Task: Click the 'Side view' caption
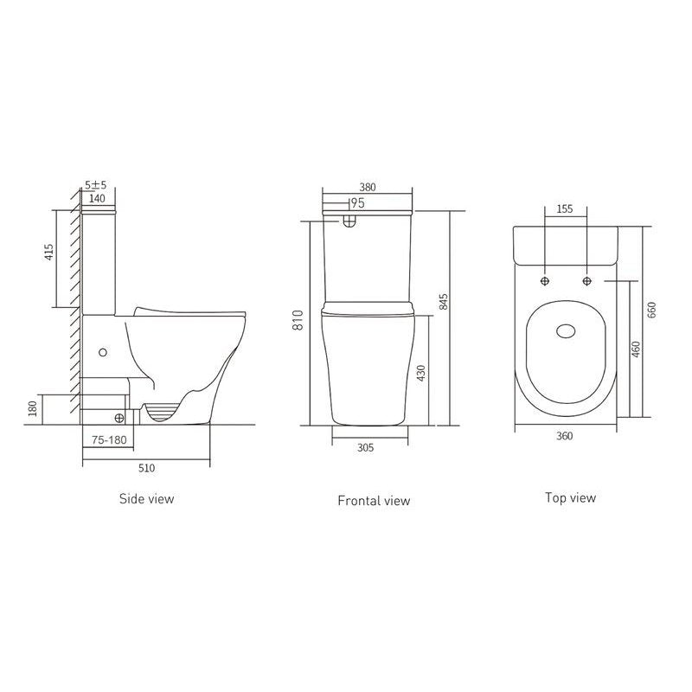[x=146, y=498]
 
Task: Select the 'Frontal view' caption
[x=374, y=500]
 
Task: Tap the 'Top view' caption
[x=570, y=497]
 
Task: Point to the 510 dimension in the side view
[x=146, y=468]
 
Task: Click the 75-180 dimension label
[x=111, y=439]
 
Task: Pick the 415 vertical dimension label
[x=49, y=252]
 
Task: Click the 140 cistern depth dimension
[x=97, y=199]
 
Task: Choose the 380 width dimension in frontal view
[x=368, y=186]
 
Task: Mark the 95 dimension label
[x=356, y=203]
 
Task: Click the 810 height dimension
[x=297, y=322]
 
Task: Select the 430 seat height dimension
[x=421, y=375]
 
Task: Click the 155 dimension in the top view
[x=565, y=208]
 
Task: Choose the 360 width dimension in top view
[x=565, y=436]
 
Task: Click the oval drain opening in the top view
[x=566, y=330]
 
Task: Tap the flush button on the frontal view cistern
[x=349, y=220]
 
